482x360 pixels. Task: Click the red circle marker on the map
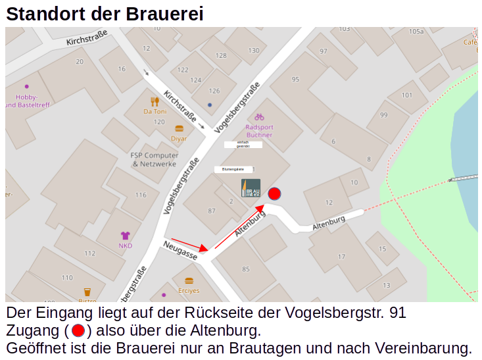click(x=275, y=193)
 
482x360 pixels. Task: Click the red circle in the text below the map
click(x=78, y=330)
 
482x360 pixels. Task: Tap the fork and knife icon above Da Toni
click(x=155, y=101)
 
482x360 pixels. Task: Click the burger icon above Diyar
click(x=179, y=129)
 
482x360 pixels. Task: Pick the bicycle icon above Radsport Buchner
click(x=259, y=116)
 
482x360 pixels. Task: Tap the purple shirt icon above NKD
click(x=125, y=236)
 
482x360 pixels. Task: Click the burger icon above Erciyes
click(x=189, y=281)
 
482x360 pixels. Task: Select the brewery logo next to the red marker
click(x=251, y=188)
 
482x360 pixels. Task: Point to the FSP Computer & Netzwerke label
click(x=154, y=159)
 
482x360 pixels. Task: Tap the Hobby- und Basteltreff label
click(x=28, y=101)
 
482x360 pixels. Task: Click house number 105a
click(x=416, y=31)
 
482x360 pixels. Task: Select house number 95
click(x=295, y=80)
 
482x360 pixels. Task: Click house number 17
click(x=341, y=257)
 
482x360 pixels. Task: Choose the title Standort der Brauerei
click(x=105, y=14)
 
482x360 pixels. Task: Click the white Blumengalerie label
click(x=233, y=169)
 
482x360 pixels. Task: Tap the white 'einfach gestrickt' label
click(x=243, y=145)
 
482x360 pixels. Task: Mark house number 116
click(x=141, y=195)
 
